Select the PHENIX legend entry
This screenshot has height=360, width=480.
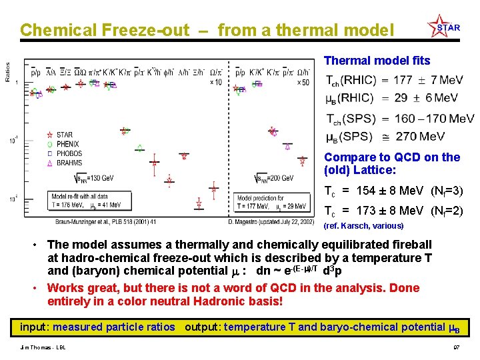67,144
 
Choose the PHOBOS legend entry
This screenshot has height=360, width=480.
69,153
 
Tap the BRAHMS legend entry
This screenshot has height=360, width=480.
69,163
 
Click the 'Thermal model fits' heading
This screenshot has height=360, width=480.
377,61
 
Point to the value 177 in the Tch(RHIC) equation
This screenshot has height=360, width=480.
403,80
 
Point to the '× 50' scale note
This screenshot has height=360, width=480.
304,82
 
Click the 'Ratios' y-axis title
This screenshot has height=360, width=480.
7,73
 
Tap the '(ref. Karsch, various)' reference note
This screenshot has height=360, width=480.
363,226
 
